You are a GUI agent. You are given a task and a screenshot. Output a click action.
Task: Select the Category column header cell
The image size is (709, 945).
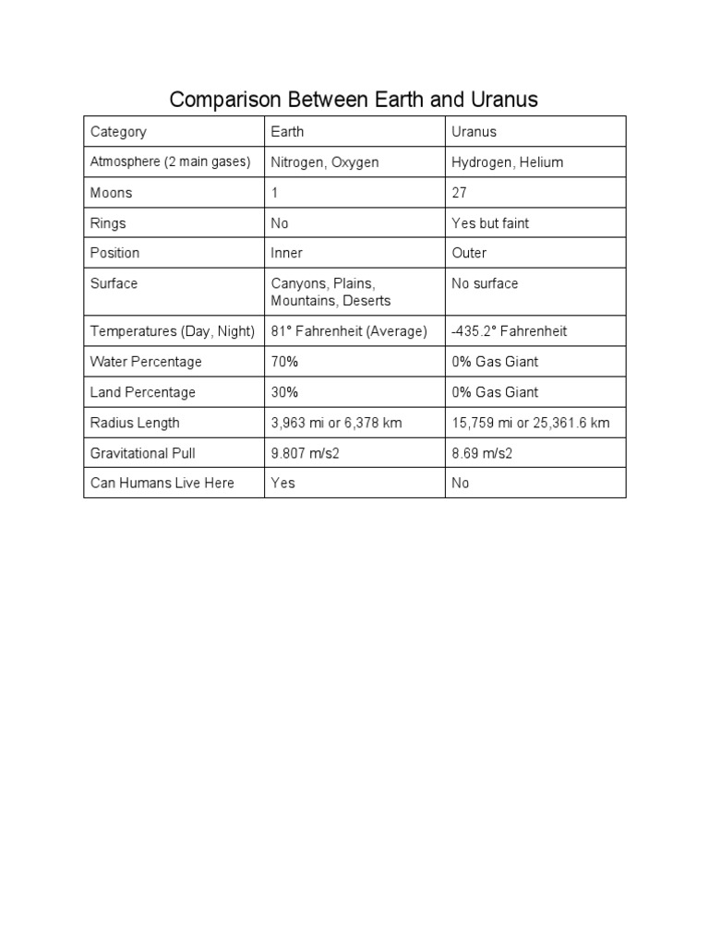pos(118,132)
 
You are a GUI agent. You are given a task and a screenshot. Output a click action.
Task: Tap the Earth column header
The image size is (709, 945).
pos(287,132)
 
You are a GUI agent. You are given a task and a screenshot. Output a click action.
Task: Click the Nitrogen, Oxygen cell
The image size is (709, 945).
pos(325,162)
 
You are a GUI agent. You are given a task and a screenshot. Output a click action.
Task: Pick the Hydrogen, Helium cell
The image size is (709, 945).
pos(507,162)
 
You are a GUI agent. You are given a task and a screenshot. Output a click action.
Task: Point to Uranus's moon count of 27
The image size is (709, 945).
pos(460,193)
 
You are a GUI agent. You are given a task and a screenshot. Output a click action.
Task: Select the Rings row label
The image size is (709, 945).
pos(108,223)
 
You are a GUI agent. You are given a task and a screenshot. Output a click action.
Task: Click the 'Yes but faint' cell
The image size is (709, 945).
pos(490,223)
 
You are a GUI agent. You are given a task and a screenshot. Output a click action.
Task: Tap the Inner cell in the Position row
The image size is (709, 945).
pos(287,253)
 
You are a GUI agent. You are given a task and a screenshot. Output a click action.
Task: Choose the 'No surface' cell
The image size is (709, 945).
pos(485,283)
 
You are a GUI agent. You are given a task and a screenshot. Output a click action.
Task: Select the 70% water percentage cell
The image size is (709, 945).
pos(284,362)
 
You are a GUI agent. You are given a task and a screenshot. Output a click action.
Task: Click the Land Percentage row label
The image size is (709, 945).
pos(143,392)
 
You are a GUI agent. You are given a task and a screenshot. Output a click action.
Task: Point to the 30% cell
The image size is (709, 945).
pos(284,392)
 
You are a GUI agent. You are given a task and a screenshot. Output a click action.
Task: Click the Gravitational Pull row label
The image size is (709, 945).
pos(142,453)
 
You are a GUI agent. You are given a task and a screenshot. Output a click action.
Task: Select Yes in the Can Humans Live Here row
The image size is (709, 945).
pos(282,483)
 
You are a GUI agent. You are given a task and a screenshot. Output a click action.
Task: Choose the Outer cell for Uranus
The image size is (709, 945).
pos(469,253)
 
